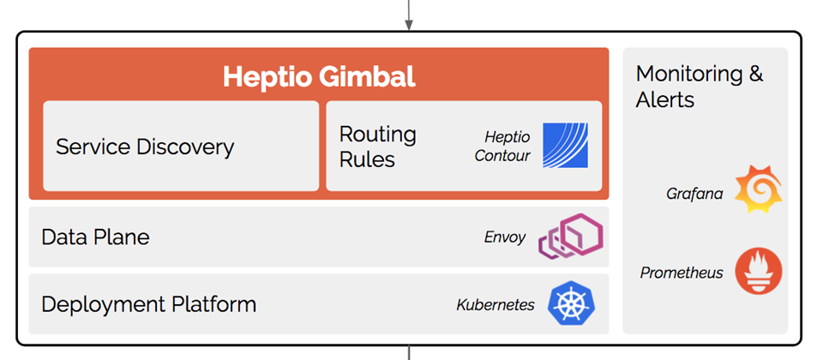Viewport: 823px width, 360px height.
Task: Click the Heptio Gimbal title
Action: [x=319, y=77]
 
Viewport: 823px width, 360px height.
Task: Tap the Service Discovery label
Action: [x=145, y=147]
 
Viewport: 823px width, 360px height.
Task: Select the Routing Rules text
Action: [x=377, y=147]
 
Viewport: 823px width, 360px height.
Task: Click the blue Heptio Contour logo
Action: [x=565, y=146]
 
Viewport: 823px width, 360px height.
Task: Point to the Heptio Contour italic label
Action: [x=502, y=147]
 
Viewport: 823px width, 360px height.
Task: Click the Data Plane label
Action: [x=95, y=237]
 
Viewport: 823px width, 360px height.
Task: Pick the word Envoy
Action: [x=504, y=237]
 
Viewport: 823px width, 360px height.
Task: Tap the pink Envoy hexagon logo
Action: [x=571, y=237]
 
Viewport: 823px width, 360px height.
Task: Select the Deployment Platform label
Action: [x=148, y=304]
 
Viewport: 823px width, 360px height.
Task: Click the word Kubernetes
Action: [x=496, y=305]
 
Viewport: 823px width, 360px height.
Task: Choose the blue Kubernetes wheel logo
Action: [x=571, y=303]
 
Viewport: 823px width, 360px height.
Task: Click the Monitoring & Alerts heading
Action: [x=700, y=87]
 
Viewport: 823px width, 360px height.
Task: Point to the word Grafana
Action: [x=694, y=195]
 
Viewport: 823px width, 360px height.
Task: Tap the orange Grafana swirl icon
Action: [x=759, y=189]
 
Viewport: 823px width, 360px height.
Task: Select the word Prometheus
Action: [x=682, y=273]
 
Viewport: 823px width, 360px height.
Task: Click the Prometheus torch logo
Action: [x=759, y=271]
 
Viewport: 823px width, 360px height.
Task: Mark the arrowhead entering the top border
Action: [x=409, y=25]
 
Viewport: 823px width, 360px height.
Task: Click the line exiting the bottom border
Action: [x=409, y=352]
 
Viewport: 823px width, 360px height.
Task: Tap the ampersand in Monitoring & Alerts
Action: [x=755, y=74]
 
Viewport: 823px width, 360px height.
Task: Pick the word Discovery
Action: [x=185, y=147]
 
